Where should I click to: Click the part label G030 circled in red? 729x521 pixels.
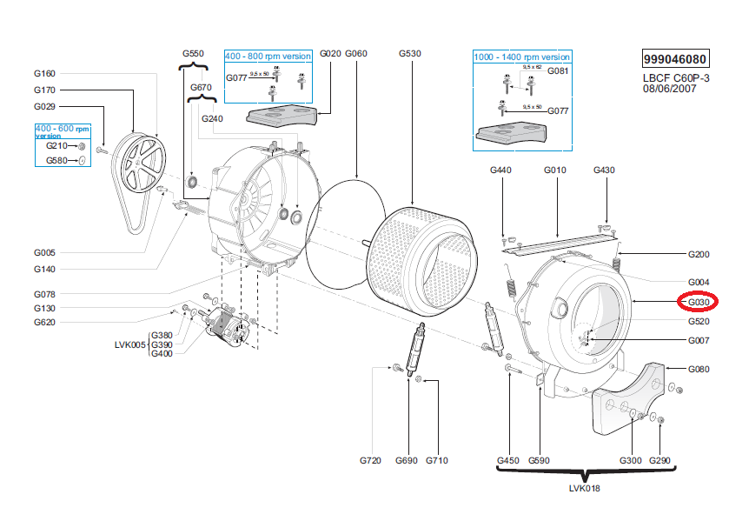(x=699, y=302)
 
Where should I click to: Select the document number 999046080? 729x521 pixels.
(x=674, y=60)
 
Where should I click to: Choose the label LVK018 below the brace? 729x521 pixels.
(x=584, y=488)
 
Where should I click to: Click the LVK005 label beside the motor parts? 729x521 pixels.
(x=131, y=344)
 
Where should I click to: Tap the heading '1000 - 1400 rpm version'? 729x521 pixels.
(x=521, y=57)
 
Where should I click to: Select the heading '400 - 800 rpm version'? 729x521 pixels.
(x=268, y=56)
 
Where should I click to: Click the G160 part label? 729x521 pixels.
(x=45, y=73)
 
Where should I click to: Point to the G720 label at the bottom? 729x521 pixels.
(x=371, y=460)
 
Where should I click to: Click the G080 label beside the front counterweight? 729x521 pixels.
(x=699, y=370)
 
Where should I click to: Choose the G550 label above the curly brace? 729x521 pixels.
(x=193, y=54)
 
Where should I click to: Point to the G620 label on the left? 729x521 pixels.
(x=45, y=323)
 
